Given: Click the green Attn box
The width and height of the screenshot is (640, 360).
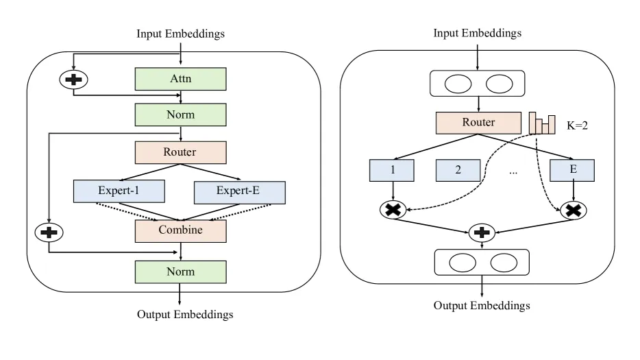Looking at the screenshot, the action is tap(180, 79).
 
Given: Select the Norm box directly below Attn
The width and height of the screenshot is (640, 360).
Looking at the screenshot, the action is tap(180, 115).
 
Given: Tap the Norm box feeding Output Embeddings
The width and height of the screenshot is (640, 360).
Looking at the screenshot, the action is tap(180, 272).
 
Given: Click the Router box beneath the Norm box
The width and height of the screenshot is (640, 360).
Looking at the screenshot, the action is tap(180, 152).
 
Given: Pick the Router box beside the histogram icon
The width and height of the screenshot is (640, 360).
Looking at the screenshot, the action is tap(478, 123).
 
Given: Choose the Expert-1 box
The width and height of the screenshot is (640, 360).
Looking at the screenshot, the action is tap(119, 191).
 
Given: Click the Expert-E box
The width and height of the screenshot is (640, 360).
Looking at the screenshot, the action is tap(240, 193).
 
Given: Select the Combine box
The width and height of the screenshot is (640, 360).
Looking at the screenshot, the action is tap(180, 231).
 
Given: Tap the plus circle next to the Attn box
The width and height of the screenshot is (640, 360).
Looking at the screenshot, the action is tap(73, 80).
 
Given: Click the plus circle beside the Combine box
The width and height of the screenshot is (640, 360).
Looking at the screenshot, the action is tap(49, 232).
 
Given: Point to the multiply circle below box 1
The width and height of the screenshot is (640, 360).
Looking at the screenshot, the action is tap(393, 210).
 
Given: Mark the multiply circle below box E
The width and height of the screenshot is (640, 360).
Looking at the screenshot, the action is tap(574, 211).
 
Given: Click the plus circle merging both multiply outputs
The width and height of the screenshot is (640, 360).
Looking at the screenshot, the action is tap(482, 232).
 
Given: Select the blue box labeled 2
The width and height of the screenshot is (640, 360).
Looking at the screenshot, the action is tap(458, 170).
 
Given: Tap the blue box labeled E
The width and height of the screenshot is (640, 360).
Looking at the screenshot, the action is tap(572, 170).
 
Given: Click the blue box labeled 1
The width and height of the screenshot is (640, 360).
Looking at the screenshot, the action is tap(392, 170).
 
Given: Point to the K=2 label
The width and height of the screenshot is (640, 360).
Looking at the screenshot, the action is tap(577, 125).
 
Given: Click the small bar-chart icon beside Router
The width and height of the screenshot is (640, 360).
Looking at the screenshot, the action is tap(542, 123).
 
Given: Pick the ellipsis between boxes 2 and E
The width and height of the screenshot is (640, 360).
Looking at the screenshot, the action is tap(513, 173).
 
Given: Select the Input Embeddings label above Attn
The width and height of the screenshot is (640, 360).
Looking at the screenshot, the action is tap(180, 34).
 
